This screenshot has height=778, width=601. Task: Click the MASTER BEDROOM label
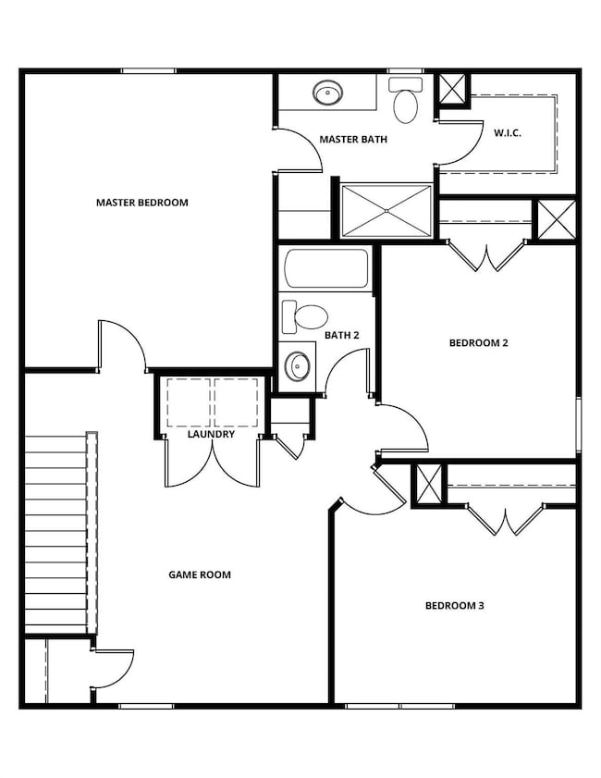142,203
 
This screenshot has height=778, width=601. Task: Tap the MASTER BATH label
353,140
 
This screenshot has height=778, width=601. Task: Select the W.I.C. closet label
508,133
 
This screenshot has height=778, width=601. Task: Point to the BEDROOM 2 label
479,343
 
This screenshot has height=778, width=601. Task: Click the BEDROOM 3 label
455,606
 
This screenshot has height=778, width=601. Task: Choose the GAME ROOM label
200,574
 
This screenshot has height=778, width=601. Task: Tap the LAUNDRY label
211,434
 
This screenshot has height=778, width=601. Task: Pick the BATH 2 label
342,335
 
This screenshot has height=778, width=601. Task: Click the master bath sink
327,93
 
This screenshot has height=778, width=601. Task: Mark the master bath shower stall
386,212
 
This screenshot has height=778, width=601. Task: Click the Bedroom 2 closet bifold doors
487,254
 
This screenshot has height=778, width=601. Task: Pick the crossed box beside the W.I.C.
452,91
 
